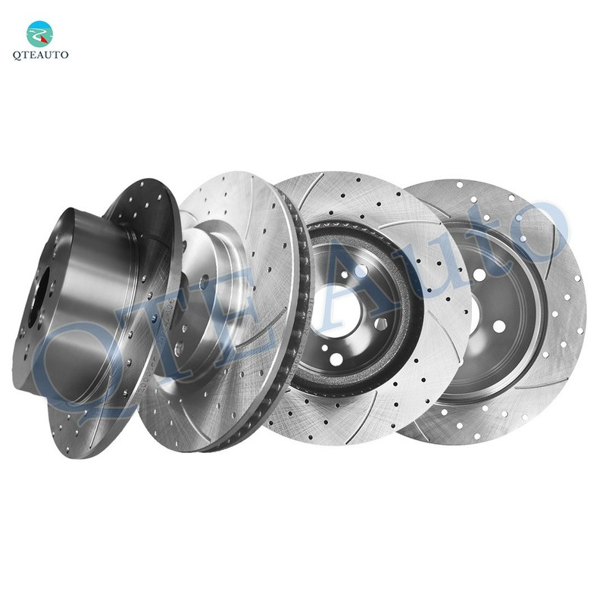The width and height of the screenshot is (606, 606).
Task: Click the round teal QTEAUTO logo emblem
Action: pos(39,34)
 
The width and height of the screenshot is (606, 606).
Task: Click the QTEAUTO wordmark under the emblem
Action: pos(41,55)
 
